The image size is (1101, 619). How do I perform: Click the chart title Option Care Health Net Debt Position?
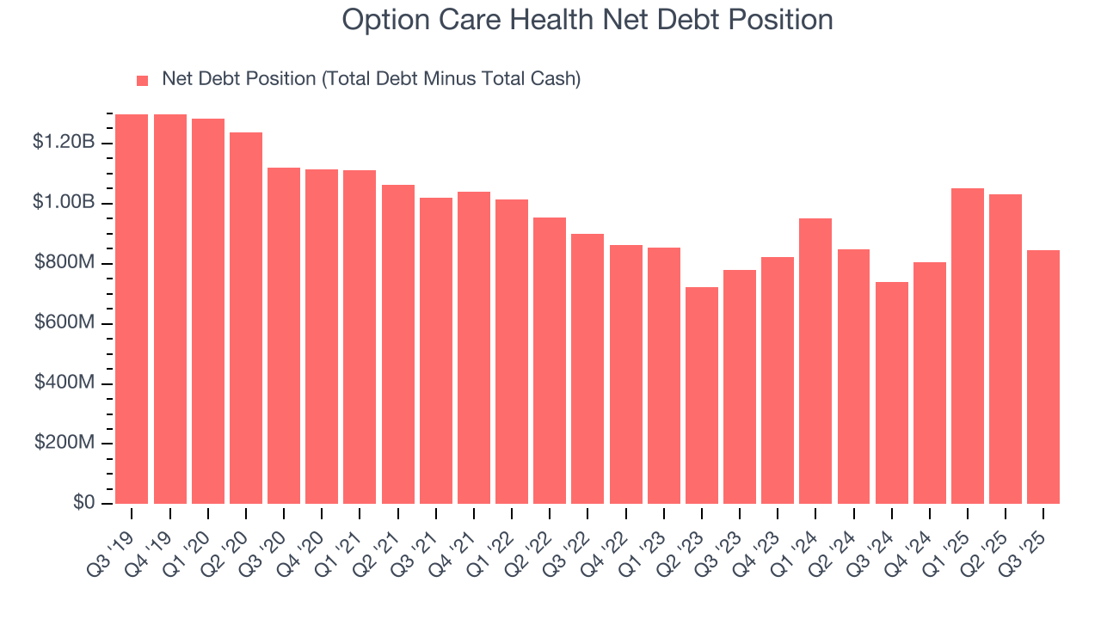pos(587,20)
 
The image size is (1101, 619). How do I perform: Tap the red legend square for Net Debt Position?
pos(143,80)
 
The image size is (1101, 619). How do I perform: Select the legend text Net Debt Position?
pos(372,79)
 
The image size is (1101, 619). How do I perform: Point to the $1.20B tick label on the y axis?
pos(63,142)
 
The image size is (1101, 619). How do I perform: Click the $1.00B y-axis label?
pos(63,202)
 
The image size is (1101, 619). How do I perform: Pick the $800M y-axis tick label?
pos(63,262)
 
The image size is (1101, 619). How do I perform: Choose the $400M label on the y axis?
pos(63,383)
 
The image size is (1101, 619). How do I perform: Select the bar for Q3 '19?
pos(131,309)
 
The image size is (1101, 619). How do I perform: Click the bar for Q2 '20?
pos(245,318)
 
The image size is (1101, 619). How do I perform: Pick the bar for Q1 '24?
pos(815,361)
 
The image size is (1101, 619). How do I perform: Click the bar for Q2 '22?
pos(550,361)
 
